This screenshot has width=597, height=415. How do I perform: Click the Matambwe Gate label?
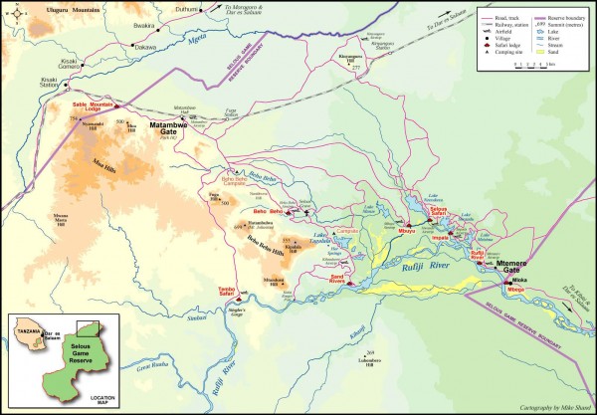click(x=167, y=127)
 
